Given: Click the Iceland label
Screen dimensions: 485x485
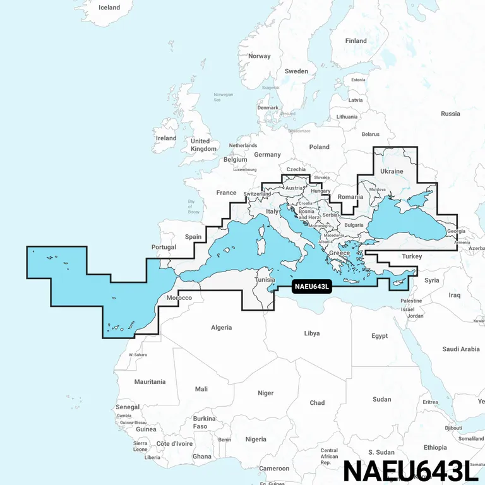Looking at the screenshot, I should (109, 8).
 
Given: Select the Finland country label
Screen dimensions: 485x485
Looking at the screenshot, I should (356, 41).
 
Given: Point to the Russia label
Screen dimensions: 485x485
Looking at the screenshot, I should (450, 114).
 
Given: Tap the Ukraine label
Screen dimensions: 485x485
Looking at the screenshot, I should (392, 171).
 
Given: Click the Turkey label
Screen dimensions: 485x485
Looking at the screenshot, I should (412, 256).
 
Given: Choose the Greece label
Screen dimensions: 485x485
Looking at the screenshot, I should (340, 253).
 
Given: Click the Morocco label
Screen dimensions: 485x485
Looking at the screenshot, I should (179, 297).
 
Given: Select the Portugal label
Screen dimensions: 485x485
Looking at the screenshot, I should (164, 247).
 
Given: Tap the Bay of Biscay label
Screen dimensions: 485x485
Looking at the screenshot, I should (194, 207).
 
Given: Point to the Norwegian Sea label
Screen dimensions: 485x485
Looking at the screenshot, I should (223, 97).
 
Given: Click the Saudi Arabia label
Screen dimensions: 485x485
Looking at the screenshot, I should (461, 349).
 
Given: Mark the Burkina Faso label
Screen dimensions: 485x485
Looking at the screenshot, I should (204, 422).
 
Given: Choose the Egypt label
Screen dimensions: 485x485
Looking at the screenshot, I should (380, 336).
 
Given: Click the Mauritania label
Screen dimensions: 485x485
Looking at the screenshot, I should (150, 381).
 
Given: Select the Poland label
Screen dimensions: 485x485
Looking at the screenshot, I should (319, 147).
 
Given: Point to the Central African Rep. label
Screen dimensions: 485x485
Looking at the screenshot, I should (329, 457).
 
